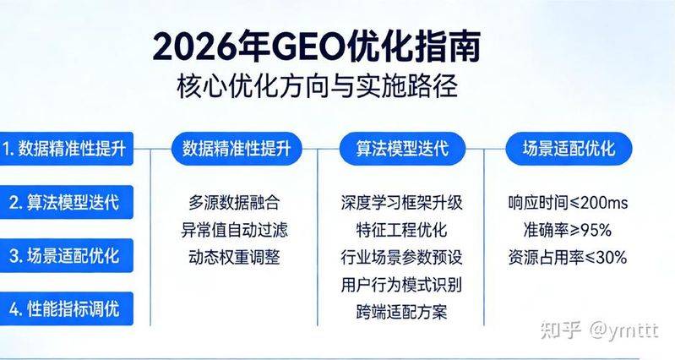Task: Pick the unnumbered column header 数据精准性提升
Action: click(x=236, y=149)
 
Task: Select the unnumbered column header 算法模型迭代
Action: click(x=402, y=149)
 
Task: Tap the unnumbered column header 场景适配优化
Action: click(x=567, y=149)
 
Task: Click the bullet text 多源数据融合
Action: click(x=234, y=203)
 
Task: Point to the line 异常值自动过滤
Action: click(x=234, y=230)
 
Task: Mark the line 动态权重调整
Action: click(x=234, y=257)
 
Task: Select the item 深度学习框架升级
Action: click(x=401, y=203)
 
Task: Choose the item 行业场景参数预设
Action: click(x=401, y=257)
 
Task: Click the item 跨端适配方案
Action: click(x=401, y=311)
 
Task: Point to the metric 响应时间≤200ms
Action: click(x=567, y=203)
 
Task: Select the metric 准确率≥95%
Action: click(x=567, y=230)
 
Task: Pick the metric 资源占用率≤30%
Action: click(x=567, y=257)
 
